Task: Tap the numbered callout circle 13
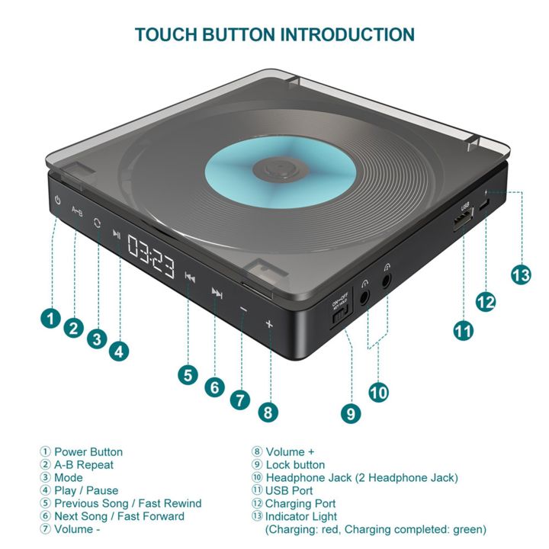(x=522, y=275)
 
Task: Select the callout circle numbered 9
(x=350, y=413)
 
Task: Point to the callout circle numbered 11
(x=463, y=332)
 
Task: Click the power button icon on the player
(x=59, y=201)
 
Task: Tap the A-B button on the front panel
(x=77, y=210)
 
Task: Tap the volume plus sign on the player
(x=268, y=323)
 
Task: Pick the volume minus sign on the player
(x=243, y=310)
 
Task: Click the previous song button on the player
(x=191, y=278)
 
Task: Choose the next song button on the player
(x=217, y=294)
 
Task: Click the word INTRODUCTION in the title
(x=348, y=34)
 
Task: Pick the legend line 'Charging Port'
(x=300, y=503)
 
